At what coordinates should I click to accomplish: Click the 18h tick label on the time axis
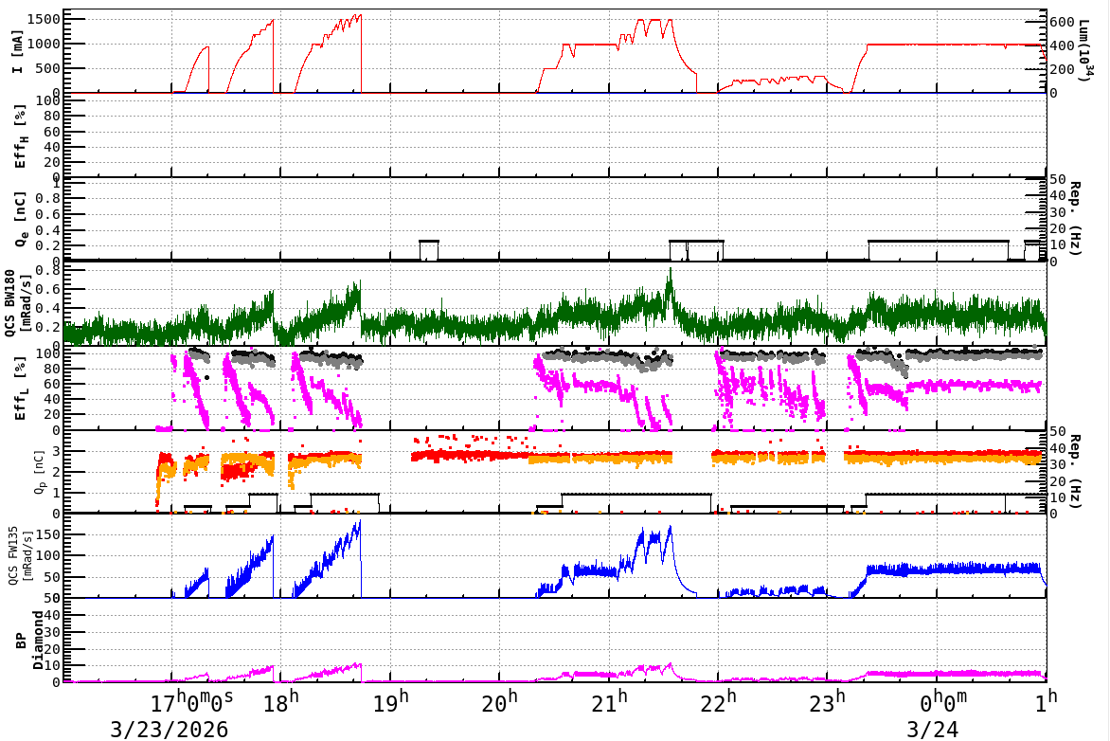(280, 702)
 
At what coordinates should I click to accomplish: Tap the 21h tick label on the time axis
(609, 702)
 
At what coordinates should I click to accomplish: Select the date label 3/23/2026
(170, 730)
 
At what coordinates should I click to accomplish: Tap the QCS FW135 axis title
(19, 555)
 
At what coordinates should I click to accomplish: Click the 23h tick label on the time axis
(827, 702)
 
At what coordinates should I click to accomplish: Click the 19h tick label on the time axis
(390, 702)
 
